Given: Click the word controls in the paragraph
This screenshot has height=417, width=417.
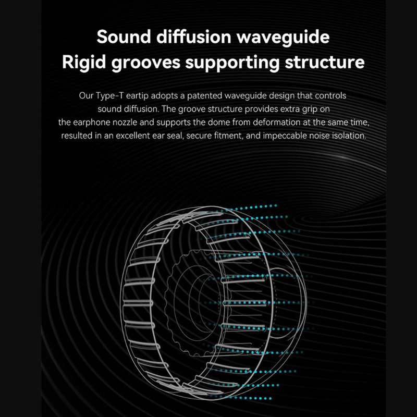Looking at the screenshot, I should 329,96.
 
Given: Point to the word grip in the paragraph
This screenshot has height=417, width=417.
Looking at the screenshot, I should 308,110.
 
